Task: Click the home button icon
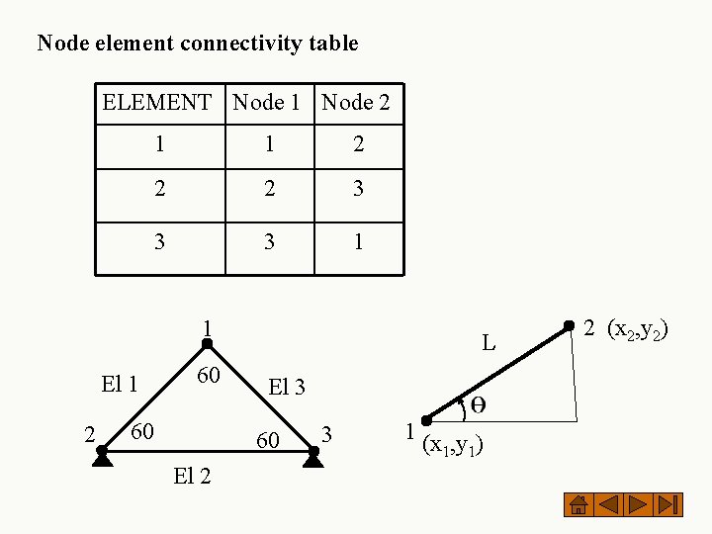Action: coord(578,504)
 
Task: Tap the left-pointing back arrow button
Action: coord(608,504)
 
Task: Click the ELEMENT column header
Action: coord(157,102)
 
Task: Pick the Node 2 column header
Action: coord(356,102)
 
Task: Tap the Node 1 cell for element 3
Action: coord(269,242)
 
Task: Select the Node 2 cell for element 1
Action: coord(358,144)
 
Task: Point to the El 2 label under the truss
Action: coord(192,477)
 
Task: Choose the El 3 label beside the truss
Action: coord(287,388)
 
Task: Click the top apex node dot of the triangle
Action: coord(208,344)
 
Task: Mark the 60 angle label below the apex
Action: coord(208,376)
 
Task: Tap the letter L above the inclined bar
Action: coord(489,344)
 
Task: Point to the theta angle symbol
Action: coord(477,404)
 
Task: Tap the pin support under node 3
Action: coord(313,457)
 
